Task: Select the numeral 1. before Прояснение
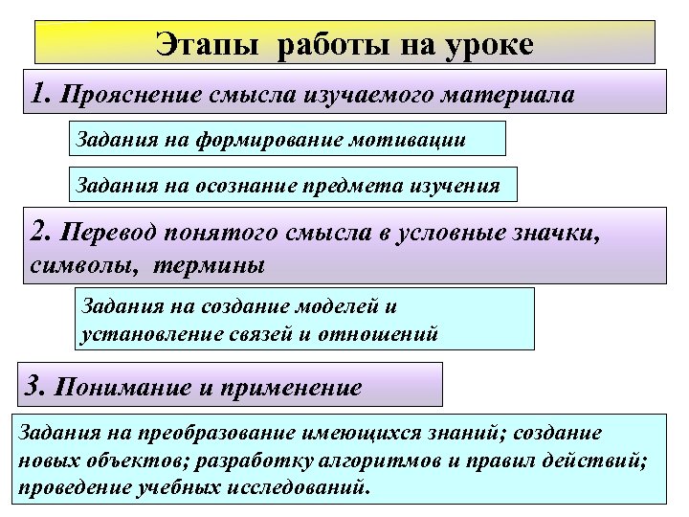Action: pyautogui.click(x=41, y=95)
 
